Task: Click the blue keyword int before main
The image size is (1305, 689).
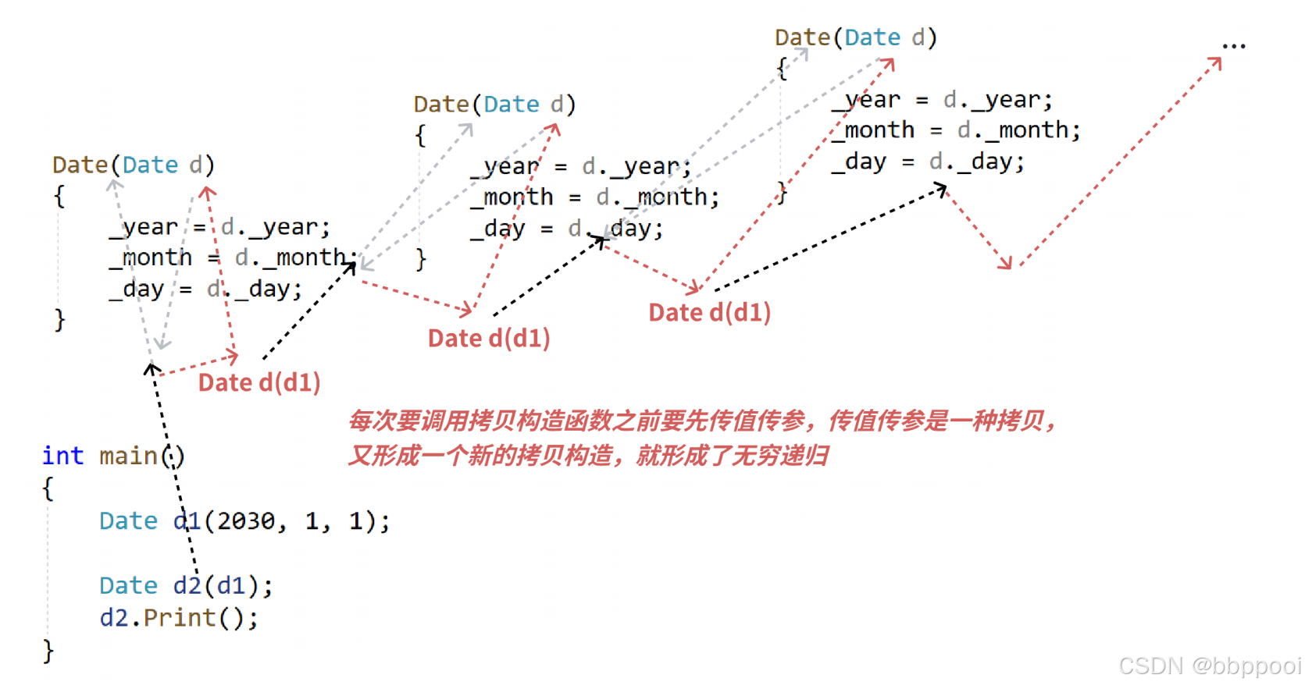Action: click(x=62, y=456)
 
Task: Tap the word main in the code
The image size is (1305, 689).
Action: click(x=128, y=456)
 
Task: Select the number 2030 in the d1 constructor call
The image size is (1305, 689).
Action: click(x=246, y=520)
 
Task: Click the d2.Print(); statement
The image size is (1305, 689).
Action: click(x=179, y=618)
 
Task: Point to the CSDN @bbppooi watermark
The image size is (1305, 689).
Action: click(x=1209, y=666)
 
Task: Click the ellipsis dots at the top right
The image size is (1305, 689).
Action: click(x=1234, y=46)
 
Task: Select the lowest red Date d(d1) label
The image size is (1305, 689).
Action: click(x=259, y=382)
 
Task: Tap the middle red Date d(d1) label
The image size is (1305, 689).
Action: click(x=489, y=338)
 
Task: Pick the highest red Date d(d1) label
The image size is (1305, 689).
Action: click(x=709, y=312)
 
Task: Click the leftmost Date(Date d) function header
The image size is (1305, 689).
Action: click(x=133, y=165)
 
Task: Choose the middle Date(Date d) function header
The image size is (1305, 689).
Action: click(x=494, y=104)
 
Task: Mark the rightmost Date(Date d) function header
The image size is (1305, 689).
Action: click(x=855, y=37)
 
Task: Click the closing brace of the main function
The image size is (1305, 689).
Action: click(x=48, y=651)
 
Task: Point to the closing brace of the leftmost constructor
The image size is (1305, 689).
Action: click(x=59, y=320)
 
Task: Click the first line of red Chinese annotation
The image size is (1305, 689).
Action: click(x=701, y=421)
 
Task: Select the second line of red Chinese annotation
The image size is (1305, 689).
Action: click(x=587, y=456)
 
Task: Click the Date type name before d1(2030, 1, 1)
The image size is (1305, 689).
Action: click(x=128, y=520)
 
